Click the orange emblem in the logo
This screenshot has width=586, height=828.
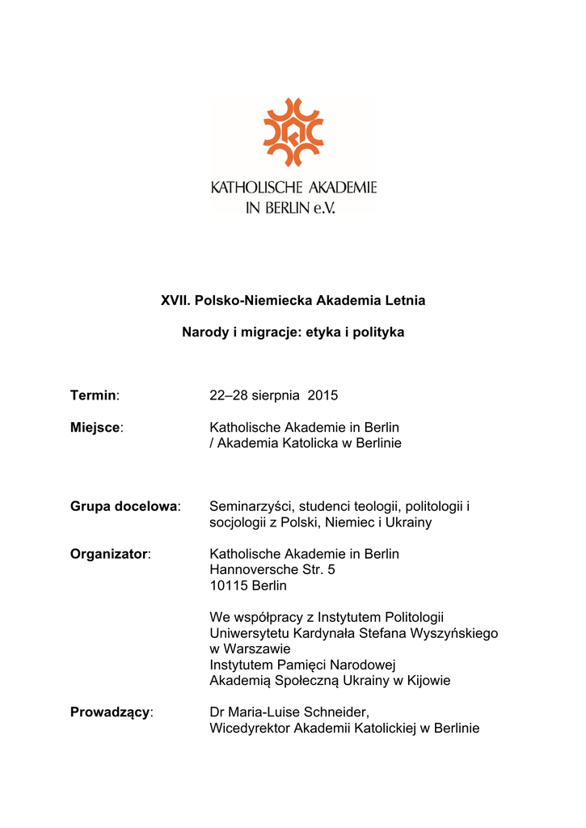point(293,132)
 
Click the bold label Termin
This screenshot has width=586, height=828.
point(93,395)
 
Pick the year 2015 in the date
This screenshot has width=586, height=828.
point(323,395)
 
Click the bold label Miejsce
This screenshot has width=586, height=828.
point(95,427)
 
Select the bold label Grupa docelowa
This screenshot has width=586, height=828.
point(124,506)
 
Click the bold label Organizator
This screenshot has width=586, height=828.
point(109,554)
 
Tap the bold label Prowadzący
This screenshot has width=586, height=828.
point(110,712)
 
